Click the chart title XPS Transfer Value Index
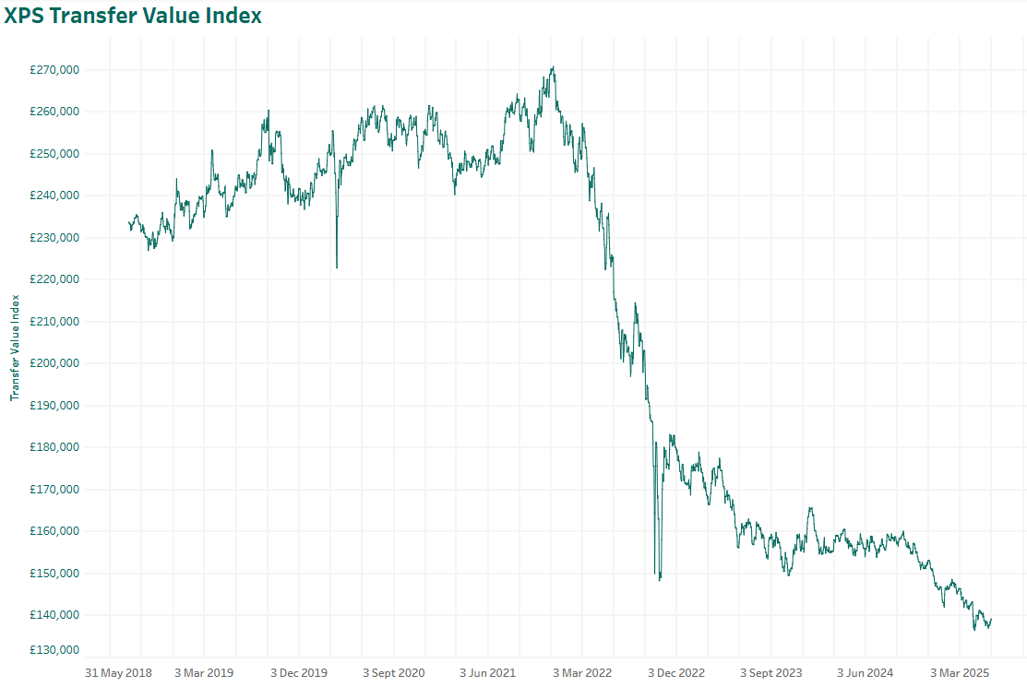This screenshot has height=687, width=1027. [x=133, y=16]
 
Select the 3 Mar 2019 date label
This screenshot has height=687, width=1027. [x=204, y=672]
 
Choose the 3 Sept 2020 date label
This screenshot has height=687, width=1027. [x=393, y=672]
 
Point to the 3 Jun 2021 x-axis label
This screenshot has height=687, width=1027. [x=488, y=672]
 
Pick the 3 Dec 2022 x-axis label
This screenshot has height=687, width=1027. [x=676, y=672]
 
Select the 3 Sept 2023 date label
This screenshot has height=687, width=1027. [x=771, y=672]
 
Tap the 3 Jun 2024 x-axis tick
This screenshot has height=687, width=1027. [x=866, y=672]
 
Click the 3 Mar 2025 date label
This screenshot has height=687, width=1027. [x=960, y=672]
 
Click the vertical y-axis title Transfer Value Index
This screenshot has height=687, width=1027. [x=15, y=348]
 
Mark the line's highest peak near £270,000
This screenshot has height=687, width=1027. [x=552, y=67]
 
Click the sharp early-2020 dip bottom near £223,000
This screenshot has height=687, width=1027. [x=336, y=267]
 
